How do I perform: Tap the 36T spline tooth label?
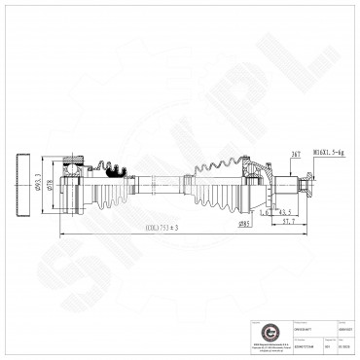point(295,152)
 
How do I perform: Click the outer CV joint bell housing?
point(254,182)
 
